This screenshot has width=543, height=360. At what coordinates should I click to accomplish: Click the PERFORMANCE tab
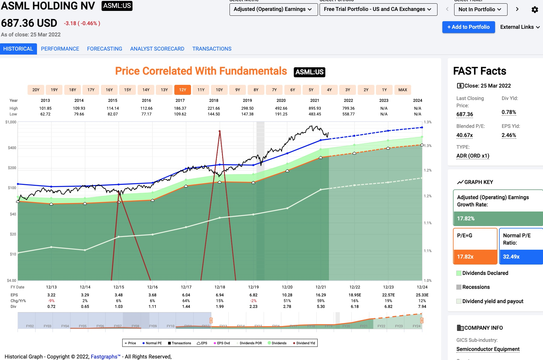pos(60,49)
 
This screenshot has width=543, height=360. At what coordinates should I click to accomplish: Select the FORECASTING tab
pos(104,49)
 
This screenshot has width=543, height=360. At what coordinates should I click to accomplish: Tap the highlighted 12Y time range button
pos(183,90)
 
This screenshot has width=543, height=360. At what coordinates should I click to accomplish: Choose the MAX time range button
pos(403,90)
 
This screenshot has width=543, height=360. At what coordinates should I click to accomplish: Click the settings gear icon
pos(535,9)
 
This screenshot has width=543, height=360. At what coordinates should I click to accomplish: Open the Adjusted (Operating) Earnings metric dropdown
pos(273,9)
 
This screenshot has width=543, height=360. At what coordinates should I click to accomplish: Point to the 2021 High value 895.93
pos(315,108)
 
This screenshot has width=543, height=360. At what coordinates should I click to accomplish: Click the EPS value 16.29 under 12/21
pos(321,295)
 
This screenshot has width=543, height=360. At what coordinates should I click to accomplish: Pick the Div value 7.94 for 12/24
pos(422,306)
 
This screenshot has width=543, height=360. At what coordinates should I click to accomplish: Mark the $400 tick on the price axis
pos(12,148)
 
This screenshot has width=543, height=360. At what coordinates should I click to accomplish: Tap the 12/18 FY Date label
pos(220,287)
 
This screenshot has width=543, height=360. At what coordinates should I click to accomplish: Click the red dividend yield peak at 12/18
pos(220,131)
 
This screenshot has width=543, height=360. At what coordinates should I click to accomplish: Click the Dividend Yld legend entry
pos(304,343)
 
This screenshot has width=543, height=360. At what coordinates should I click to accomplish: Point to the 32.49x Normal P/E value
pos(511,257)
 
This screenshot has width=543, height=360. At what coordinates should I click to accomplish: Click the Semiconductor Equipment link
pos(488,349)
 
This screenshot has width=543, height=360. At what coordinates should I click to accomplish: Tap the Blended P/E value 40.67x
pos(464,135)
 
